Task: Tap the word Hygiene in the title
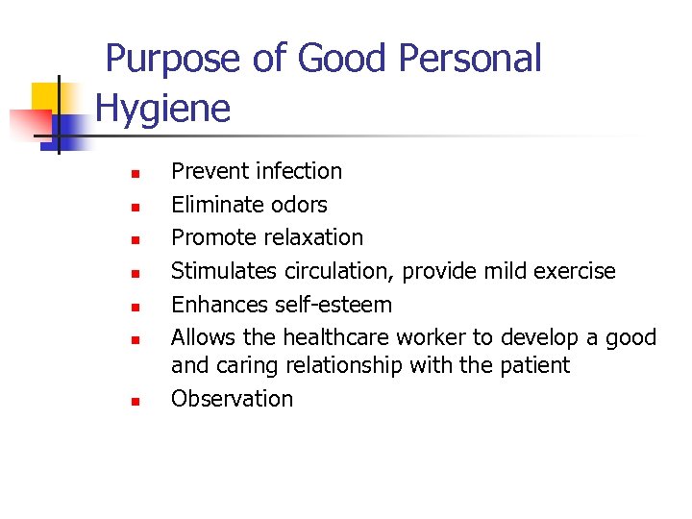(163, 108)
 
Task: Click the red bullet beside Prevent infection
(136, 174)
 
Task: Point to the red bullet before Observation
(136, 401)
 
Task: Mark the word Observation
(232, 399)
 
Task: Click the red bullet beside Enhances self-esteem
(136, 308)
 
